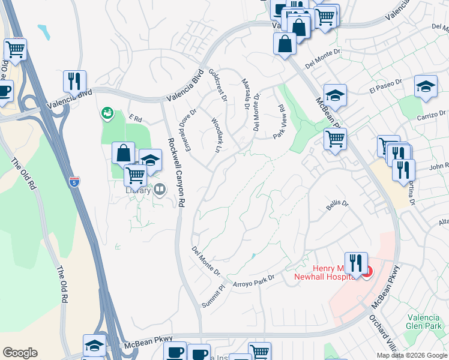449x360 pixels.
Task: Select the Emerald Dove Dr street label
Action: [x=187, y=128]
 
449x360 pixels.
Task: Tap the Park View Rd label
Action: [x=280, y=122]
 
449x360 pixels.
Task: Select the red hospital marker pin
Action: [x=367, y=271]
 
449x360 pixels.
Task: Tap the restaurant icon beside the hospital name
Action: [x=356, y=263]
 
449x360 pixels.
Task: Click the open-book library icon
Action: [x=160, y=191]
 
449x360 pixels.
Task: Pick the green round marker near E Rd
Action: [x=107, y=112]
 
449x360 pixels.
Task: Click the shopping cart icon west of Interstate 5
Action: [x=15, y=49]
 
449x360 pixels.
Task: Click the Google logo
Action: [x=20, y=353]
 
